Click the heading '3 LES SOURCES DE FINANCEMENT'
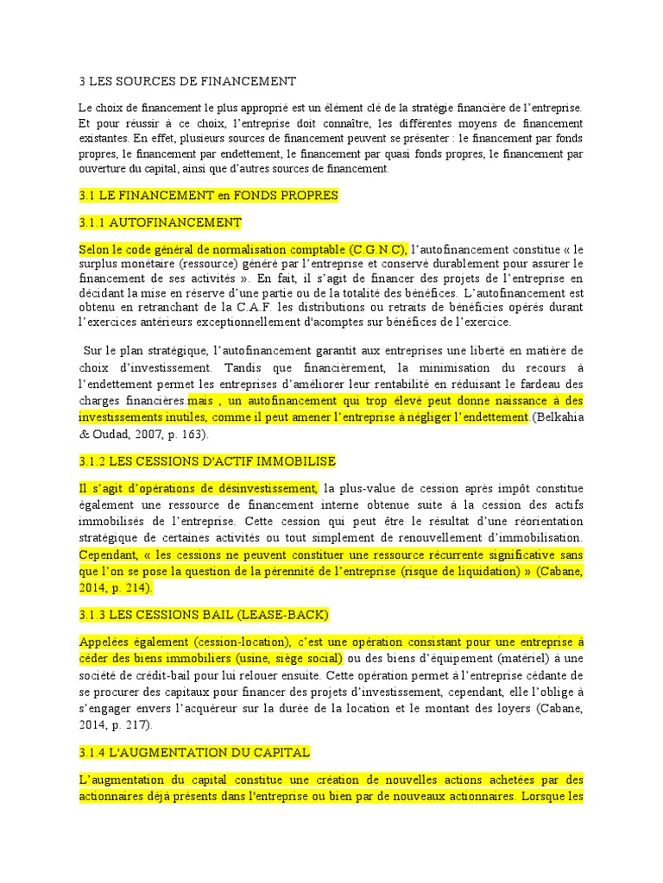coord(187,81)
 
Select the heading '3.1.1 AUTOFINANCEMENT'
coord(160,222)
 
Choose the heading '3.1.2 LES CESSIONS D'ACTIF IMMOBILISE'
coord(207,461)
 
